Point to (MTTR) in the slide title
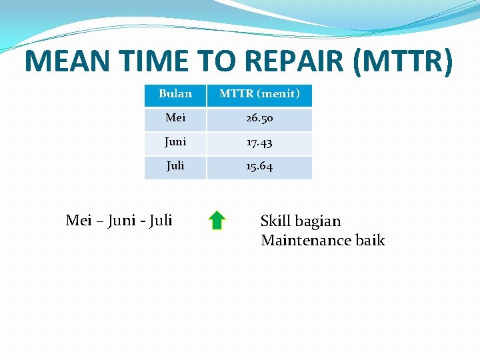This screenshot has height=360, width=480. (404, 61)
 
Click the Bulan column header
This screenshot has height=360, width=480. (175, 94)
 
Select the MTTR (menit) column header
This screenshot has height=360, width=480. (259, 94)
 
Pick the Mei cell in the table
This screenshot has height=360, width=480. (175, 118)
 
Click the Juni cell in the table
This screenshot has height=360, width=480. (175, 142)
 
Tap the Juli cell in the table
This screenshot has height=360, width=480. (175, 166)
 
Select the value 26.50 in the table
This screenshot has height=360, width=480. (259, 119)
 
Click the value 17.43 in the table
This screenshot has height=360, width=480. (259, 143)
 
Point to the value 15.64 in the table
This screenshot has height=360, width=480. (259, 167)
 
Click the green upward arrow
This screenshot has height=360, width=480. (217, 220)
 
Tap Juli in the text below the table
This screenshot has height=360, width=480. (161, 220)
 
